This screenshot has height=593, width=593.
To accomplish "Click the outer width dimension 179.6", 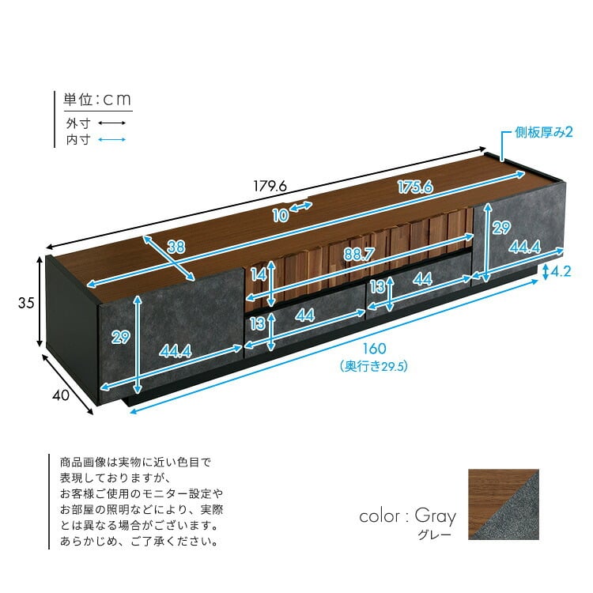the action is (270, 186).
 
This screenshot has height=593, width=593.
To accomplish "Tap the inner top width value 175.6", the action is (415, 187).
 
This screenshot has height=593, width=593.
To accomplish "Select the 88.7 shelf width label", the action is (359, 254).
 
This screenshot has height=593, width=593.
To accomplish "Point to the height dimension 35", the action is (26, 303).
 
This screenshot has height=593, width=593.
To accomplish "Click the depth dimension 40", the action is (61, 395).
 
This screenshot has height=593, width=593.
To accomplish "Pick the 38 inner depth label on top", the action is (176, 247).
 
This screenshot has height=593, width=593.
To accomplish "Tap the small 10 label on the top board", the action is (281, 216).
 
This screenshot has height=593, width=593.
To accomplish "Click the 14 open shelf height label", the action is (259, 275).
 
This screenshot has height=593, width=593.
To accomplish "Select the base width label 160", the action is (375, 349).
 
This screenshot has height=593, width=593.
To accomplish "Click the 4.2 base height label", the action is (561, 271).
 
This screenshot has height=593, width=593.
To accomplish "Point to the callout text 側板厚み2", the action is (543, 132).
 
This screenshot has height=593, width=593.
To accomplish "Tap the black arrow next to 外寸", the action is (112, 123).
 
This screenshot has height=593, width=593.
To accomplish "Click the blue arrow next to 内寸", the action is (112, 139).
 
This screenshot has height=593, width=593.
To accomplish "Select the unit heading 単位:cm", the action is (97, 100).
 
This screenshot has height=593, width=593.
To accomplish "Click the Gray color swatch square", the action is (504, 504).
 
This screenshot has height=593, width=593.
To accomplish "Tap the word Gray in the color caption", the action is (436, 516).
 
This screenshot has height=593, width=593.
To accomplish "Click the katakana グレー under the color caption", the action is (435, 534).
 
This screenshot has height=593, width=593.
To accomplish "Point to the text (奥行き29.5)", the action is (374, 366).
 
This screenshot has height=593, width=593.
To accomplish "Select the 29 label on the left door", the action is (121, 337).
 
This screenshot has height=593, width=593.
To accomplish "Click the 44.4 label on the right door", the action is (524, 247).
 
